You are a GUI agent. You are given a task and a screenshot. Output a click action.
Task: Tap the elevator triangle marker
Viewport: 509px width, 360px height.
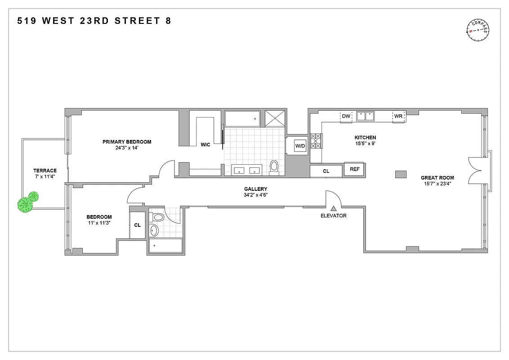pyautogui.click(x=333, y=208)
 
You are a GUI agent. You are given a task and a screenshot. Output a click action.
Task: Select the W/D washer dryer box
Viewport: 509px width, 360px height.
pyautogui.click(x=300, y=146)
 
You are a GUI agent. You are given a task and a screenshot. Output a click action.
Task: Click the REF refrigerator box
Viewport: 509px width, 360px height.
pyautogui.click(x=354, y=169)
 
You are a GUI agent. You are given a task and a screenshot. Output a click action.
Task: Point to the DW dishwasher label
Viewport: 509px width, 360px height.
pyautogui.click(x=346, y=116)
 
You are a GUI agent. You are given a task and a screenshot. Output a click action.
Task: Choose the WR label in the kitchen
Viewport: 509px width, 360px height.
pyautogui.click(x=398, y=116)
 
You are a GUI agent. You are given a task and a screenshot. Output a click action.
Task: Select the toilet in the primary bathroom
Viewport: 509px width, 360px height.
pyautogui.click(x=274, y=166)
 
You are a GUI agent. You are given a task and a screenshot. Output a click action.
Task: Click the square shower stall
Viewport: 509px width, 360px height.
pyautogui.click(x=275, y=118)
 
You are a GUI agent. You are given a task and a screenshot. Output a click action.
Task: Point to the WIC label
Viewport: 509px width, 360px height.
pyautogui.click(x=205, y=144)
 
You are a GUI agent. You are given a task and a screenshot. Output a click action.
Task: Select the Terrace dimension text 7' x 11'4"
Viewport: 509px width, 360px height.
pyautogui.click(x=45, y=177)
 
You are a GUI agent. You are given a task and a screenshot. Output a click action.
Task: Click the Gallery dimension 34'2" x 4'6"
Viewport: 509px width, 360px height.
pyautogui.click(x=255, y=195)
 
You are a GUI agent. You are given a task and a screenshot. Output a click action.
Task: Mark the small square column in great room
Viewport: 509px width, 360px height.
pyautogui.click(x=400, y=174)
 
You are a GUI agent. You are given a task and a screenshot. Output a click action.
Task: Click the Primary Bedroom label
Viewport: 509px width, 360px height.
pyautogui.click(x=127, y=142)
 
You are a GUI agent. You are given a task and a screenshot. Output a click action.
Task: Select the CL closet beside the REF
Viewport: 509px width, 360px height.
pyautogui.click(x=326, y=171)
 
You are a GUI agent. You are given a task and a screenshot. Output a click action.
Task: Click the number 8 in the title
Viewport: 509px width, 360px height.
pyautogui.click(x=168, y=21)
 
